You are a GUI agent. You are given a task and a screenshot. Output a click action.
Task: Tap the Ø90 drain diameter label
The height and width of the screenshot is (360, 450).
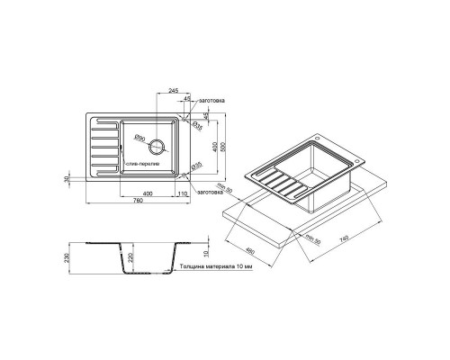(x=141, y=137)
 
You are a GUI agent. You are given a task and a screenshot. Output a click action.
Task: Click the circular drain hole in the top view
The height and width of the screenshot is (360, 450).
(x=159, y=146)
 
